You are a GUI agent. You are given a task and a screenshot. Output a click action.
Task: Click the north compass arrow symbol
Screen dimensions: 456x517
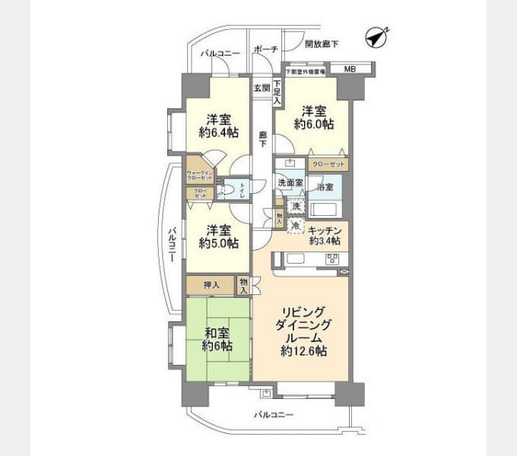(376, 35)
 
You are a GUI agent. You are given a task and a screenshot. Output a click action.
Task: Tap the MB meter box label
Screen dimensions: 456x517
(349, 70)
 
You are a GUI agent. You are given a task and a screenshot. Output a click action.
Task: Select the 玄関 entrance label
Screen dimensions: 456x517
(262, 87)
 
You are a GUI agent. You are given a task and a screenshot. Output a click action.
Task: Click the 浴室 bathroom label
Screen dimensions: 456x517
(325, 185)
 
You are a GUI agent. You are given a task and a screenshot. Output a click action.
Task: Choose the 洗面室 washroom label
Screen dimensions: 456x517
(290, 183)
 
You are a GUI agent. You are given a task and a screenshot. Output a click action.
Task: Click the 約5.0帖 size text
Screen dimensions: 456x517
(219, 244)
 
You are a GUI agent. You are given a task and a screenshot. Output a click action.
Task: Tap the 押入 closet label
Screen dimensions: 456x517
(212, 286)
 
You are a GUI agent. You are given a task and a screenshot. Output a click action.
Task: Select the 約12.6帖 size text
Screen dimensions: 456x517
(303, 351)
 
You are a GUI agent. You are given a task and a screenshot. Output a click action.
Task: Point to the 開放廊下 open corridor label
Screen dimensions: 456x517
(322, 45)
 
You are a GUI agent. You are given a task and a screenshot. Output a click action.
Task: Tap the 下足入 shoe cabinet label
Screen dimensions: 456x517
(278, 92)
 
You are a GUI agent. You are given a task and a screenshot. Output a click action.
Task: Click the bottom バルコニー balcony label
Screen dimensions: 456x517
(273, 415)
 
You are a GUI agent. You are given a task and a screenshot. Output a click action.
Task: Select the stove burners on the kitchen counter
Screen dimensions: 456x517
(333, 260)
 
